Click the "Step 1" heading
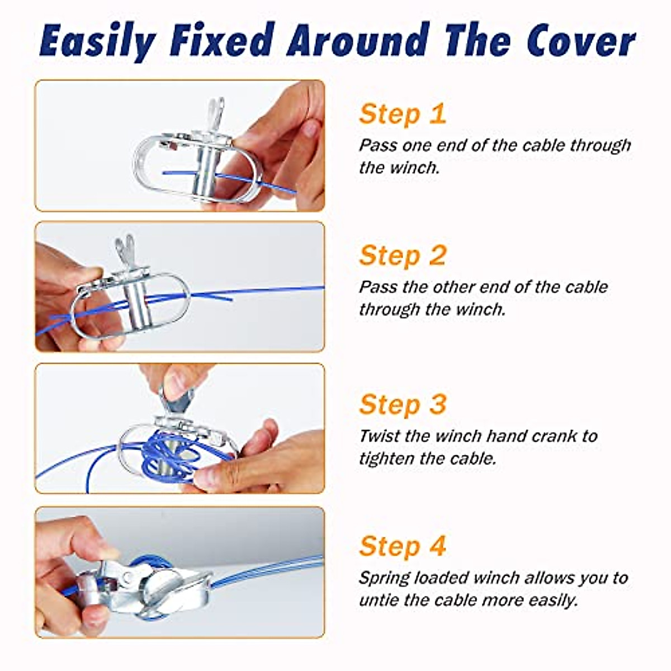pos(403,114)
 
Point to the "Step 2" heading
pos(403,255)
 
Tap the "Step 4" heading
pos(403,546)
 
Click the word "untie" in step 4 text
pos(377,600)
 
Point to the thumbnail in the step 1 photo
pos(310,129)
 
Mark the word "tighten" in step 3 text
pos(386,459)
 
